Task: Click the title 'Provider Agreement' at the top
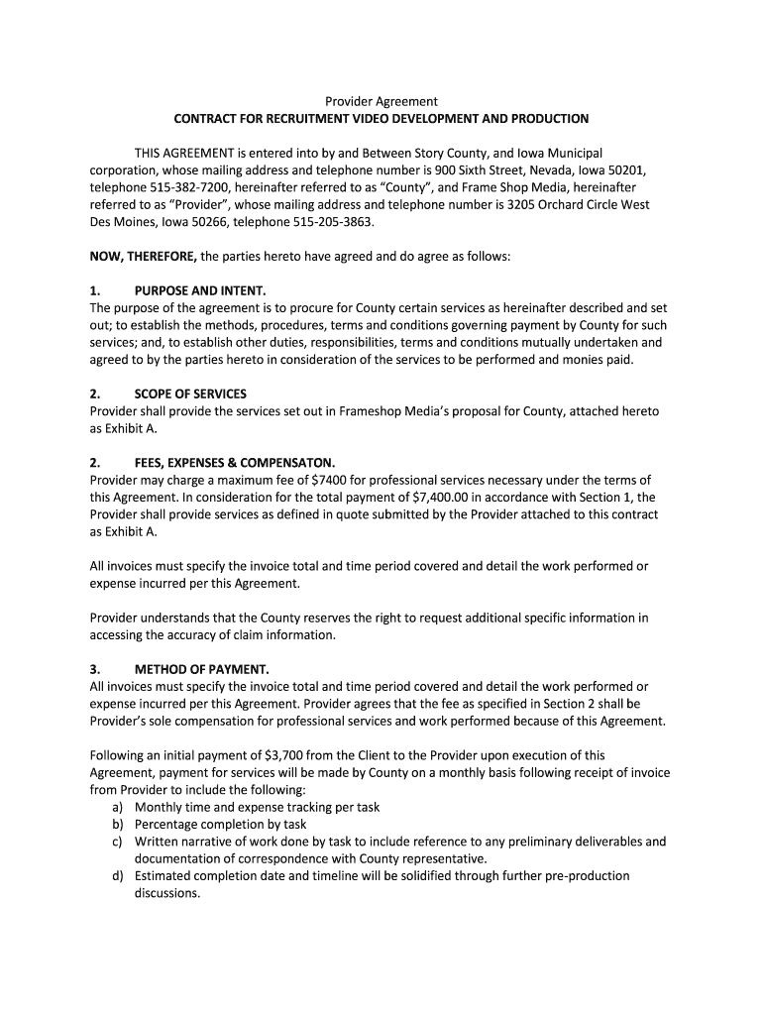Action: point(381,101)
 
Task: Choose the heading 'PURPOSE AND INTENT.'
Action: point(200,290)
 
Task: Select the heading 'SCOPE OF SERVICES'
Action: point(190,394)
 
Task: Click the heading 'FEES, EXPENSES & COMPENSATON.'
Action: point(235,462)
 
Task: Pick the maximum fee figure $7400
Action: point(331,480)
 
